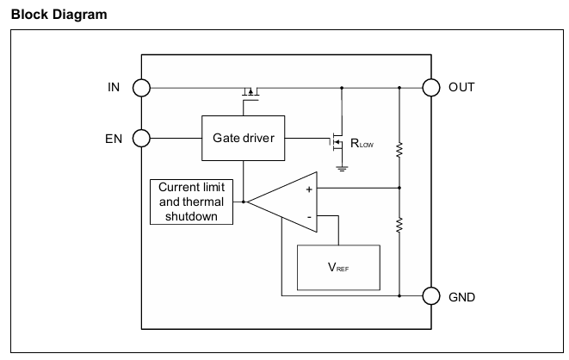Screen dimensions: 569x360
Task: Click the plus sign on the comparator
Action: pos(309,189)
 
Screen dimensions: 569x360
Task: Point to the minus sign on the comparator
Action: pos(309,217)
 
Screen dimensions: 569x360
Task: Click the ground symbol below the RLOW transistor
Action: pos(342,169)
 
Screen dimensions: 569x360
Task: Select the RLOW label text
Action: pos(362,143)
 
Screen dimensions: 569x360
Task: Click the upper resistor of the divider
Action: pos(399,150)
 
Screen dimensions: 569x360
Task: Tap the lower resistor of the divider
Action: pos(399,225)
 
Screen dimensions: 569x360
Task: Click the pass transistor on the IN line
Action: pos(250,92)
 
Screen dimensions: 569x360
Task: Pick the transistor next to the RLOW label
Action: pos(337,142)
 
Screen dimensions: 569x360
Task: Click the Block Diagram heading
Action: pos(59,15)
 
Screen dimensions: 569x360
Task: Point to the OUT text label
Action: pos(461,88)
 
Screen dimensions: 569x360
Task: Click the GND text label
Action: pos(462,297)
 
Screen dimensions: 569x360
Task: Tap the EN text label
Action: pos(114,139)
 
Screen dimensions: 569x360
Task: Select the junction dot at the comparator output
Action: pos(244,202)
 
